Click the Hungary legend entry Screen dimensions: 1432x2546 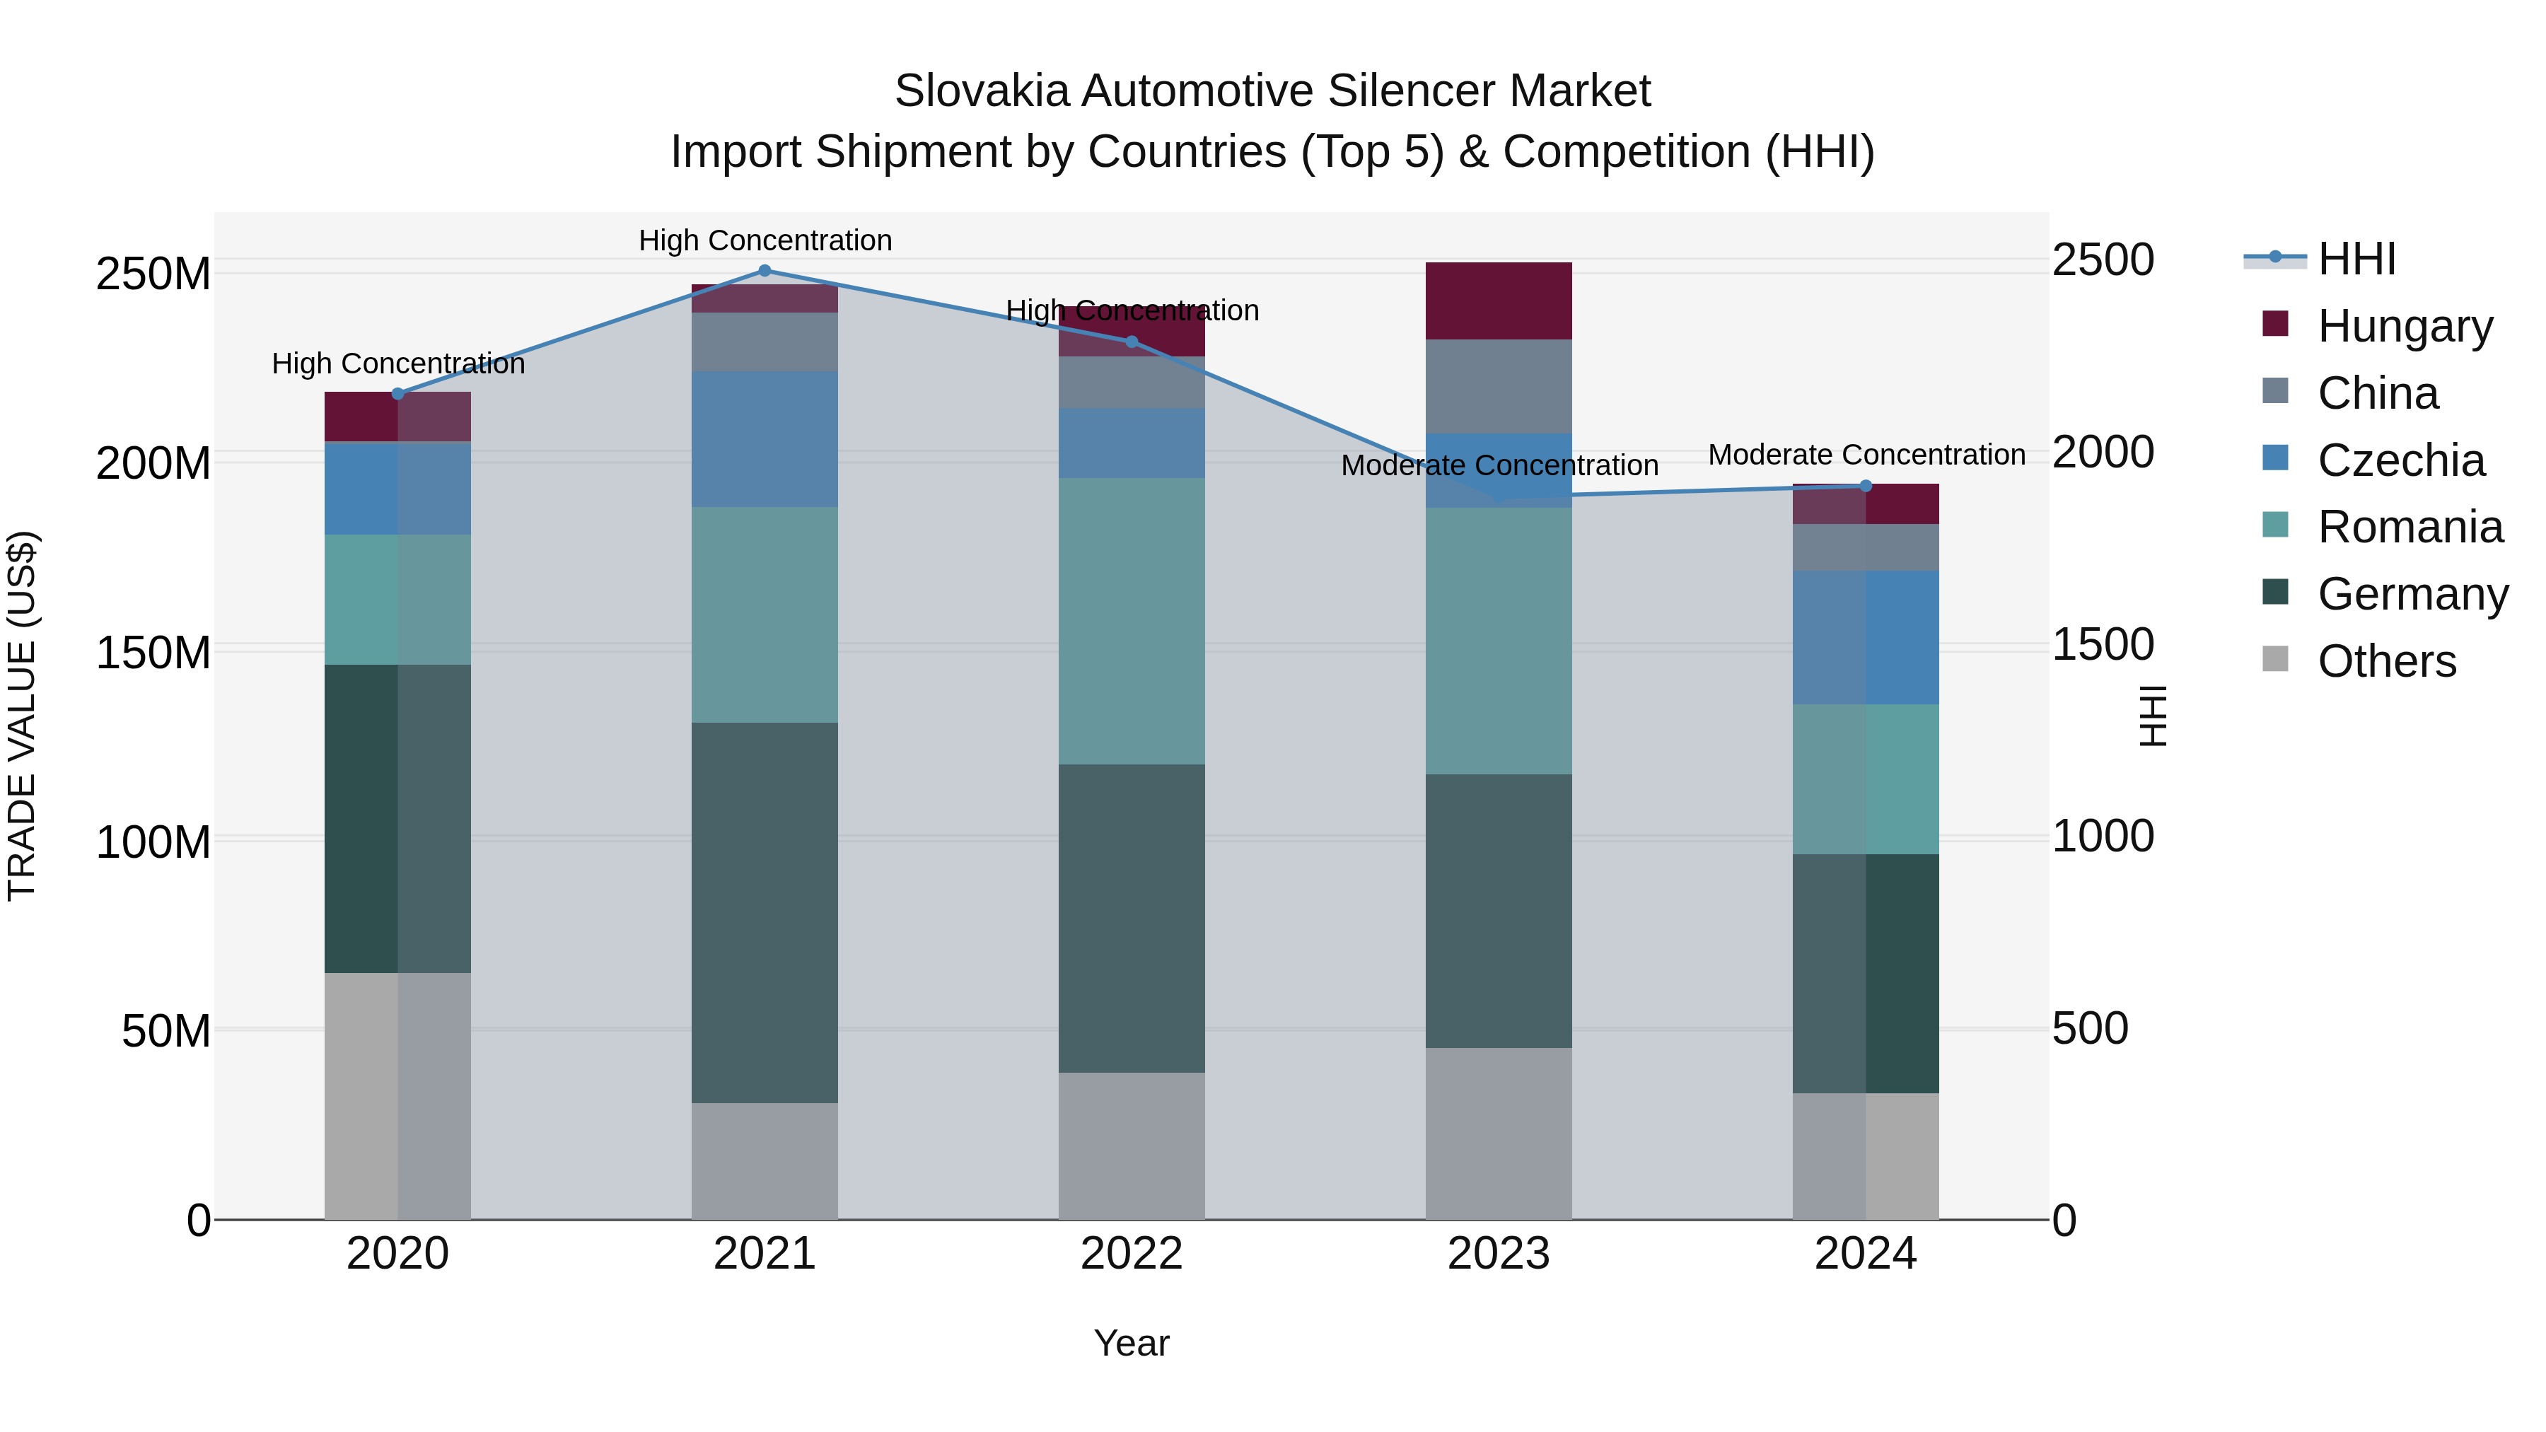pos(2405,326)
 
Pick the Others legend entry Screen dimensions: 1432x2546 pos(2386,661)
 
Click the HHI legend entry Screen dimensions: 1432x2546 pos(2356,259)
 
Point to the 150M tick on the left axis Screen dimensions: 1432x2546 pos(153,653)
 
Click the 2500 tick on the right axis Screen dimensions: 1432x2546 pos(2103,260)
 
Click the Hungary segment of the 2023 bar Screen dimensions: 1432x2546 pos(1499,301)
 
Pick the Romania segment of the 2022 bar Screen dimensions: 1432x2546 pos(1132,622)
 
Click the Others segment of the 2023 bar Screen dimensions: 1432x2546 pos(1499,1134)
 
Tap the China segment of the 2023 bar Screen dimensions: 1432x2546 pos(1499,386)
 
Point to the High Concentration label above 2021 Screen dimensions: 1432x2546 pos(765,241)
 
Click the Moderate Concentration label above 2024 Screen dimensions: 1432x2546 pos(1866,455)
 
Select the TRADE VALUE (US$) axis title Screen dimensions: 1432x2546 pos(23,716)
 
